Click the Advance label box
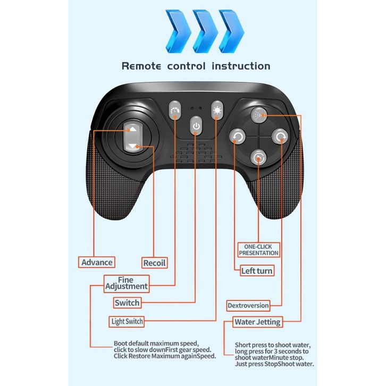coord(97,262)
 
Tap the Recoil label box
coord(155,263)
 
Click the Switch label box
coord(127,303)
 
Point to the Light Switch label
coord(127,321)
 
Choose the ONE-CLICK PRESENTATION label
coord(258,250)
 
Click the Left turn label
coord(257,271)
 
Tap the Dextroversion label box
coord(248,305)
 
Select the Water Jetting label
coord(258,322)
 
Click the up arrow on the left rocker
coord(132,129)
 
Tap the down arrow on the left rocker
coord(132,146)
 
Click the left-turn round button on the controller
coord(237,137)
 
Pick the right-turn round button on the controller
coord(280,137)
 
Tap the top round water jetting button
coord(258,114)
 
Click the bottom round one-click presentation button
coord(258,157)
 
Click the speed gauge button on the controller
coord(175,111)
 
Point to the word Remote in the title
coord(142,66)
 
